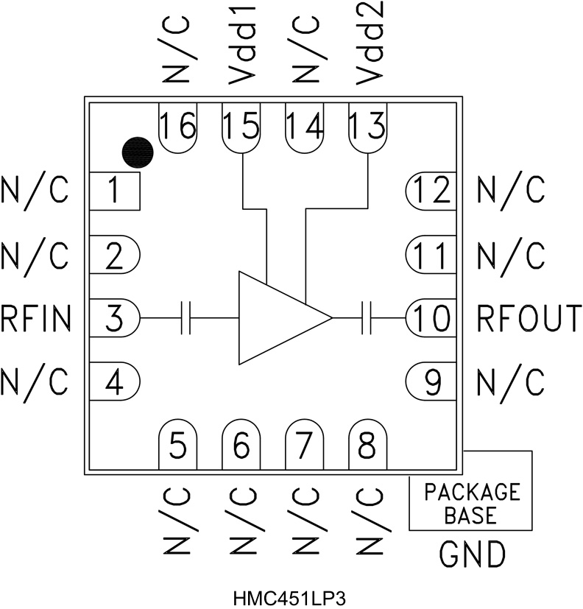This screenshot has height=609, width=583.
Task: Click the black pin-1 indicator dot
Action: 138,152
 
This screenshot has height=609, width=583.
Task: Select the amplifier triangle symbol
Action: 280,317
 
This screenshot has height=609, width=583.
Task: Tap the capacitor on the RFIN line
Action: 186,318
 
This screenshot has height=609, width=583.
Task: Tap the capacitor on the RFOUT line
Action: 368,318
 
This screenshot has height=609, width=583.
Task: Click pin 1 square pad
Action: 114,191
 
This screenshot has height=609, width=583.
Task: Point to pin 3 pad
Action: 114,318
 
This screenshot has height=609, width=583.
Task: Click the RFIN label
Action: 36,318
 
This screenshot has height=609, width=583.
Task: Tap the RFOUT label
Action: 529,318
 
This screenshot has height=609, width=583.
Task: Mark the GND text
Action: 472,554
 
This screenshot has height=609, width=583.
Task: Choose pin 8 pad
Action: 367,445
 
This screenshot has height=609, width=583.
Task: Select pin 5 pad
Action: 179,445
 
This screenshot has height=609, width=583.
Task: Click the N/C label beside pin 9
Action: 511,381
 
